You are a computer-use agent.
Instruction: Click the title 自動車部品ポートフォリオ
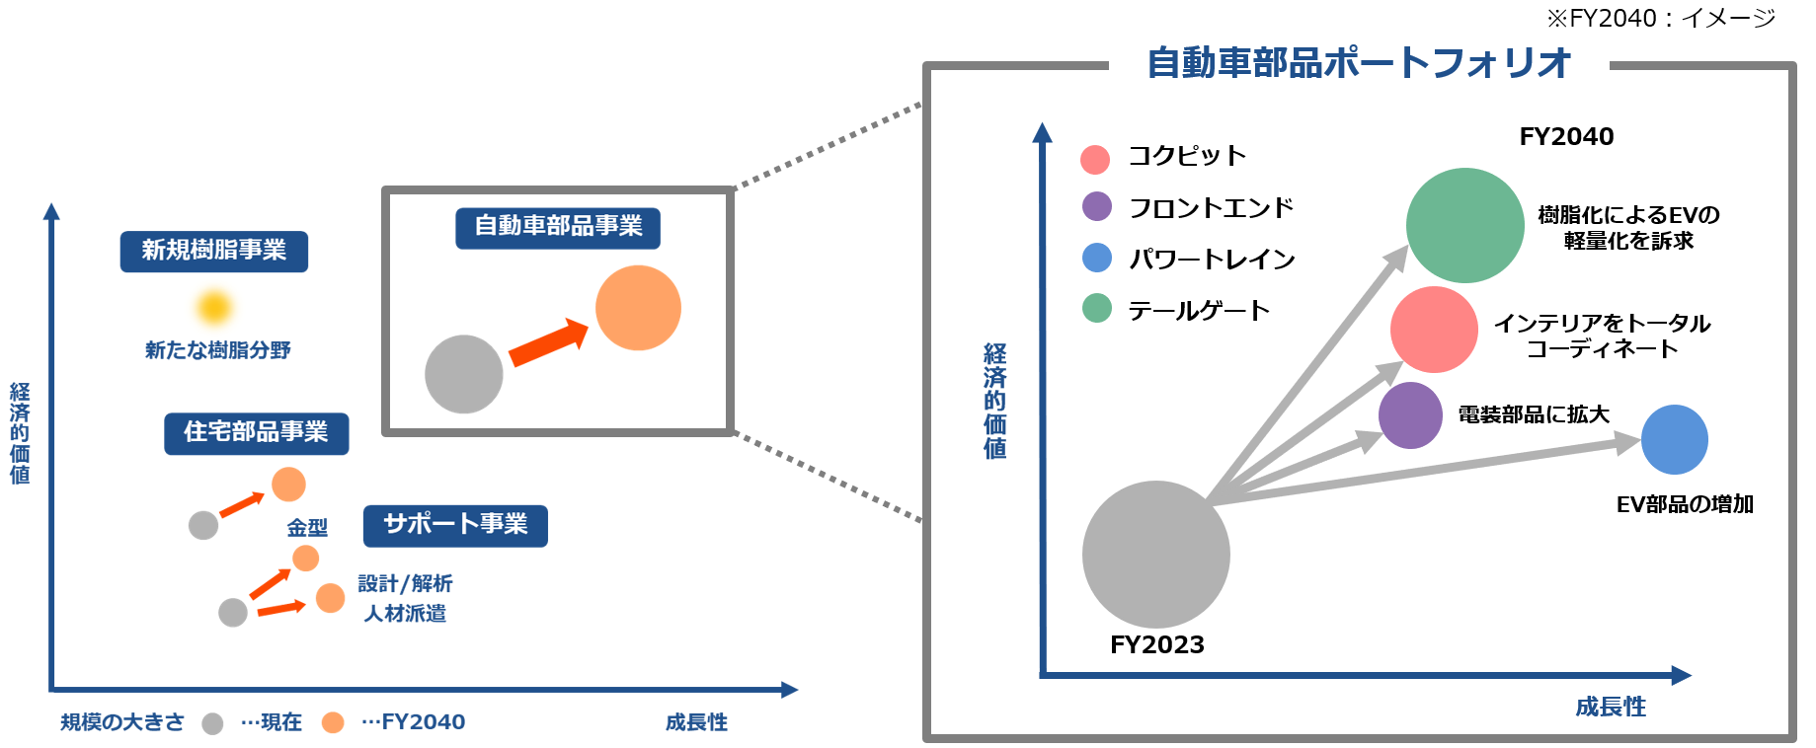(x=1359, y=63)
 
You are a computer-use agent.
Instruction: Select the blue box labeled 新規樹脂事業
(x=213, y=251)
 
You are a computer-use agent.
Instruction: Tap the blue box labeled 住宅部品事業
(x=256, y=432)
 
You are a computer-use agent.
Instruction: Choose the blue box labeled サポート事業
(x=455, y=525)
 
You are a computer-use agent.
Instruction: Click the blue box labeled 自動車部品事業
(x=558, y=227)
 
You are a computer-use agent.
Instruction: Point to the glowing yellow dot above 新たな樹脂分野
(x=213, y=307)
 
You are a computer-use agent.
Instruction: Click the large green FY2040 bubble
(x=1464, y=225)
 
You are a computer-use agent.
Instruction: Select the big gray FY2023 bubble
(x=1155, y=554)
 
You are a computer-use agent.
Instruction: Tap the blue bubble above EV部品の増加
(x=1674, y=439)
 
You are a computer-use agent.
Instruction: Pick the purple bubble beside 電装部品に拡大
(x=1410, y=415)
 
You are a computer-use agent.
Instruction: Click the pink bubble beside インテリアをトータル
(x=1434, y=330)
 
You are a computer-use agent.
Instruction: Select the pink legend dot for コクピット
(x=1095, y=159)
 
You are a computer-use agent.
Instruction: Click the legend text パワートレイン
(x=1212, y=260)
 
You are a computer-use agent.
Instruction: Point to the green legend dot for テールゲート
(x=1096, y=309)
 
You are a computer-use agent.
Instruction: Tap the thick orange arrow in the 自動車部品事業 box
(x=548, y=340)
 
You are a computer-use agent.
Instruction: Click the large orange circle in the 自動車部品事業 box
(x=638, y=308)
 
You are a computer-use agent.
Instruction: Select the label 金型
(x=307, y=528)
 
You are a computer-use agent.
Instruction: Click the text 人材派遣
(x=405, y=614)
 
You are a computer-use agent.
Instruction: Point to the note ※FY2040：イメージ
(x=1660, y=18)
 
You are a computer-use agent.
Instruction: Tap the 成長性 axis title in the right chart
(x=1610, y=707)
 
